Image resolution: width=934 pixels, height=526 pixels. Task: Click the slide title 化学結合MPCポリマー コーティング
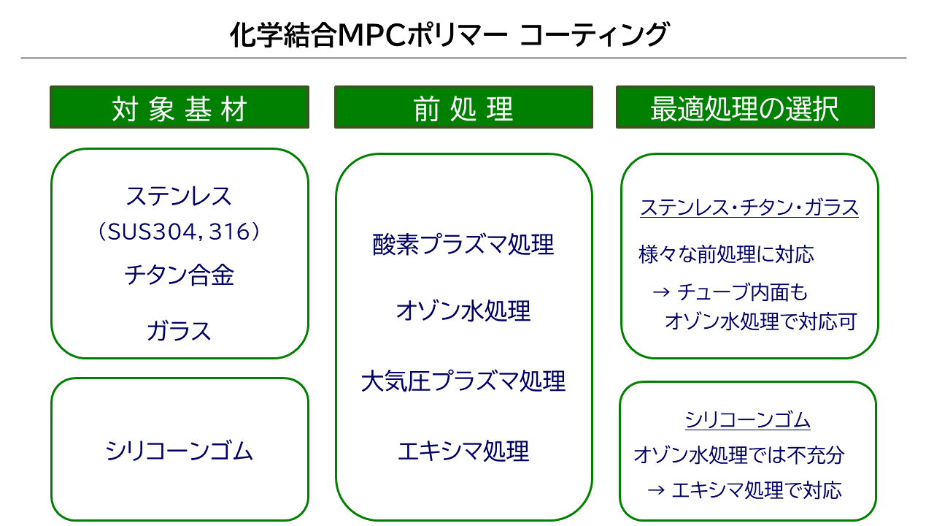[x=449, y=34]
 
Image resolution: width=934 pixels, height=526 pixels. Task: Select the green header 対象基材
[x=180, y=108]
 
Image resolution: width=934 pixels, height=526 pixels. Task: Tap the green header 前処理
[x=463, y=108]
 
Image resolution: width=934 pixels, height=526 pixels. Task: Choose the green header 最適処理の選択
[x=745, y=108]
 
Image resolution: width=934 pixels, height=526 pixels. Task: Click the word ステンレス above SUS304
[x=179, y=196]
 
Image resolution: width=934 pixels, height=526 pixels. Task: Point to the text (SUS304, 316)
[x=179, y=232]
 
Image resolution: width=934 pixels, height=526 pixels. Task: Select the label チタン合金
[x=179, y=275]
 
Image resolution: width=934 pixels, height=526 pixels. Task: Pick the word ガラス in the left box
[x=179, y=331]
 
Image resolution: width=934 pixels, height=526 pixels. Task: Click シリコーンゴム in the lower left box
[x=179, y=450]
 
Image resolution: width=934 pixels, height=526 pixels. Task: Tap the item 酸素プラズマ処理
[x=463, y=245]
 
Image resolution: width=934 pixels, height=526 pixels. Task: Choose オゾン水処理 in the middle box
[x=463, y=311]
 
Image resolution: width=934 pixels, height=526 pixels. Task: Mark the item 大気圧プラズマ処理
[x=463, y=381]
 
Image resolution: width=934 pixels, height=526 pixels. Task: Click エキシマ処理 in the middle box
[x=463, y=450]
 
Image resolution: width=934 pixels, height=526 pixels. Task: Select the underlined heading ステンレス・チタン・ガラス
[x=749, y=207]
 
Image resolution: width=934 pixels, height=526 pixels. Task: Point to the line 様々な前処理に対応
[x=726, y=254]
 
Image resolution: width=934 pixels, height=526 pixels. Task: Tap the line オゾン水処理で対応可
[x=760, y=321]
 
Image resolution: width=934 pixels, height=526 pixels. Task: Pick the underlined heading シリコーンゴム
[x=748, y=420]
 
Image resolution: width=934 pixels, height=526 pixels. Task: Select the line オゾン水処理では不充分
[x=739, y=454]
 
